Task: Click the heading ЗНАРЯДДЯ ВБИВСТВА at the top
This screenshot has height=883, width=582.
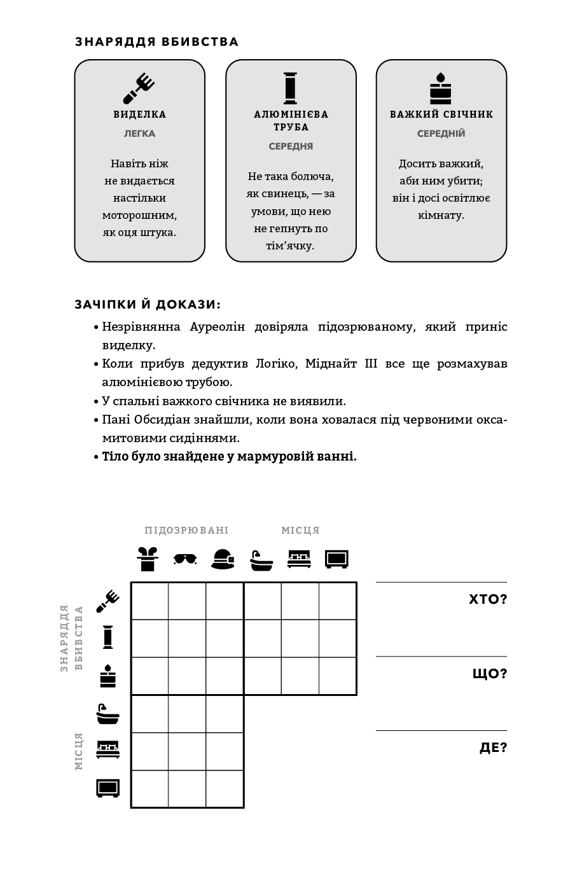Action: [156, 42]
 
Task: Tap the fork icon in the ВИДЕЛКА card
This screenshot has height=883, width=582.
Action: [139, 88]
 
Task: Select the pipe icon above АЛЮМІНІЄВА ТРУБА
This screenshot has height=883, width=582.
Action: [290, 88]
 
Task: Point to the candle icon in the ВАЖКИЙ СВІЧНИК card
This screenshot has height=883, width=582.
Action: [440, 88]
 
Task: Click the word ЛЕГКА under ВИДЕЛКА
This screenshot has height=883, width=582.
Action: [139, 134]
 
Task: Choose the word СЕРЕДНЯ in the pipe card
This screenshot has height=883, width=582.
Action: [291, 146]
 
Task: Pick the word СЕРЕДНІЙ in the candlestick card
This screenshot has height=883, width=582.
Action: [441, 134]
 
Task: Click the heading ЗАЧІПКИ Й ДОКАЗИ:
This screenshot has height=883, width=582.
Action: [148, 305]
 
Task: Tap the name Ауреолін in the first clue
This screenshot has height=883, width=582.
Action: [217, 327]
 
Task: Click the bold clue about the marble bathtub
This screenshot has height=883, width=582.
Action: [229, 457]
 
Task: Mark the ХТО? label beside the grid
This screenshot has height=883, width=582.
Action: [487, 599]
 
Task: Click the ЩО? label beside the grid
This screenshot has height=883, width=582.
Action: [489, 674]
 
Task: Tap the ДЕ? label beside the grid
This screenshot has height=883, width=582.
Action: [493, 747]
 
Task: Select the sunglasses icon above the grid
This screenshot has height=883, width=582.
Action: [185, 559]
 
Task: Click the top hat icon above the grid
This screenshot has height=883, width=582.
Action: [148, 559]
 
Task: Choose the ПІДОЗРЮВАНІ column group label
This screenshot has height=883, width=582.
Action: [186, 531]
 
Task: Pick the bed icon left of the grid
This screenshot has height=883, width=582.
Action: [107, 749]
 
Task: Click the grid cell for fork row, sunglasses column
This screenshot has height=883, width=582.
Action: [187, 601]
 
